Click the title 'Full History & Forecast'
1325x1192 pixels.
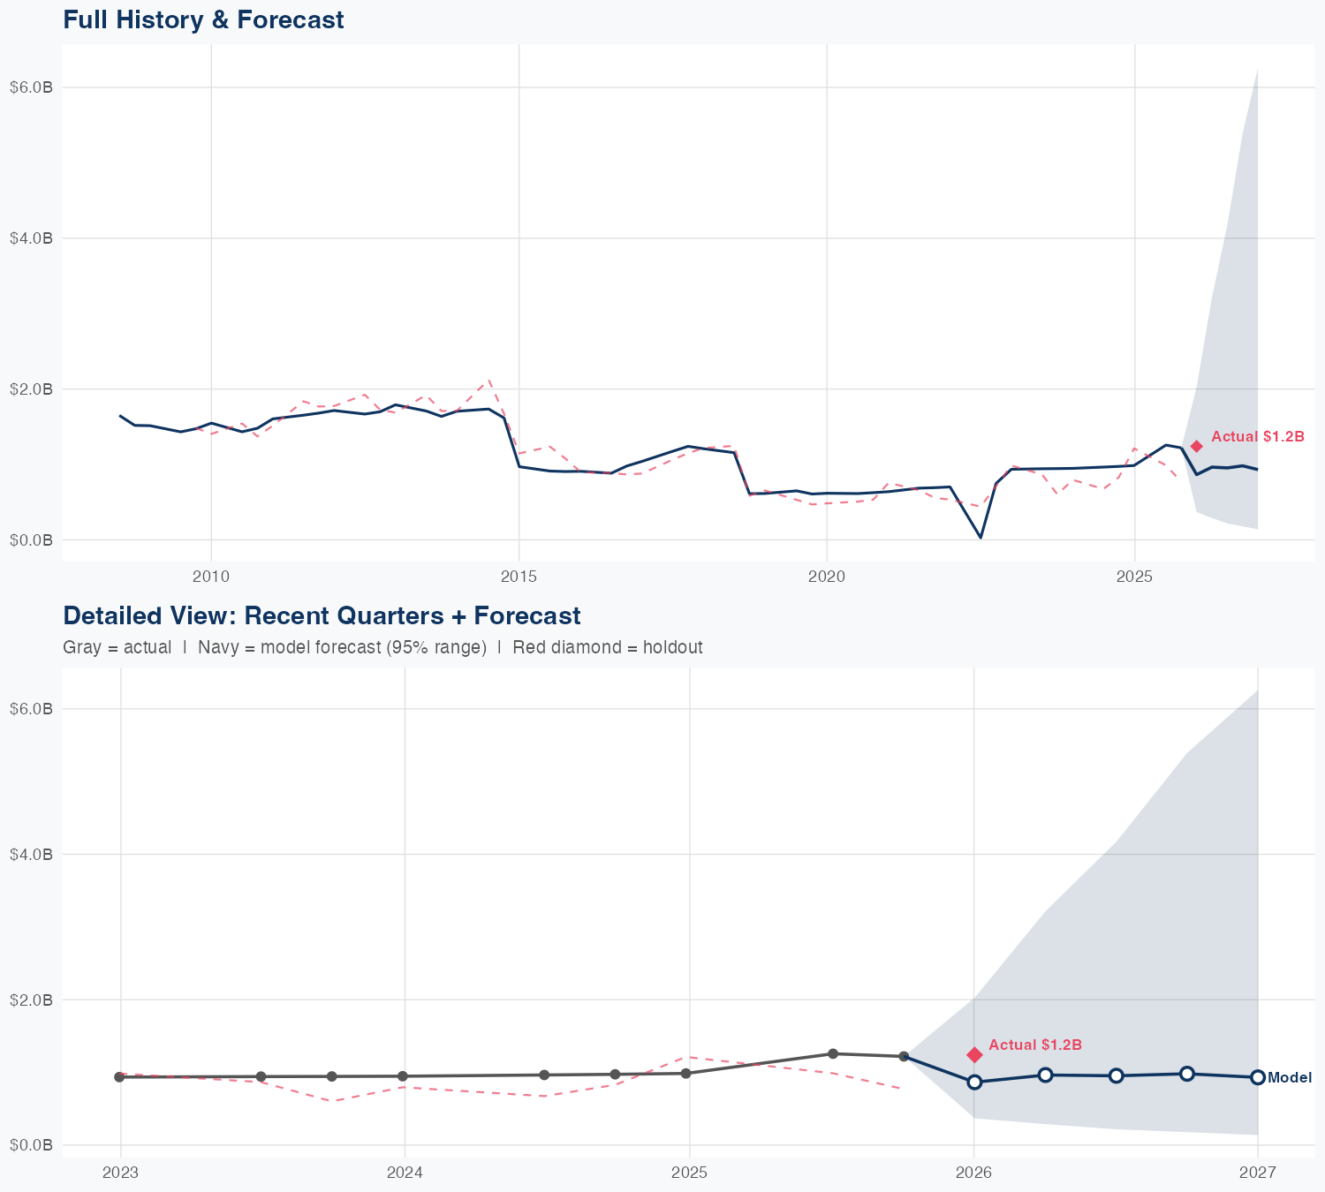[203, 19]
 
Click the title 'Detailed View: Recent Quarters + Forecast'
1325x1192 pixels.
[322, 615]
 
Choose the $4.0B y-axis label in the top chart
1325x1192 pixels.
[31, 238]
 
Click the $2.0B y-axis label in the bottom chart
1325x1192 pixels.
[31, 1000]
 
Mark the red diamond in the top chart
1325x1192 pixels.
[1196, 447]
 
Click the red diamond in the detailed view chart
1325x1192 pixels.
[974, 1054]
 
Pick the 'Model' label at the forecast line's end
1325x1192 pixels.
[1290, 1078]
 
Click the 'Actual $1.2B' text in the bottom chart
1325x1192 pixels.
[1035, 1045]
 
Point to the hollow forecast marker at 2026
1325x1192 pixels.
[974, 1083]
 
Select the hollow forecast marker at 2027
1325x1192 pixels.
[1258, 1077]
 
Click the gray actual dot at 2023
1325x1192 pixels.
[119, 1077]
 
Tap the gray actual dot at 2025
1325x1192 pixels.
[686, 1074]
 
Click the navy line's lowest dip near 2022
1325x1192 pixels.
[980, 537]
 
